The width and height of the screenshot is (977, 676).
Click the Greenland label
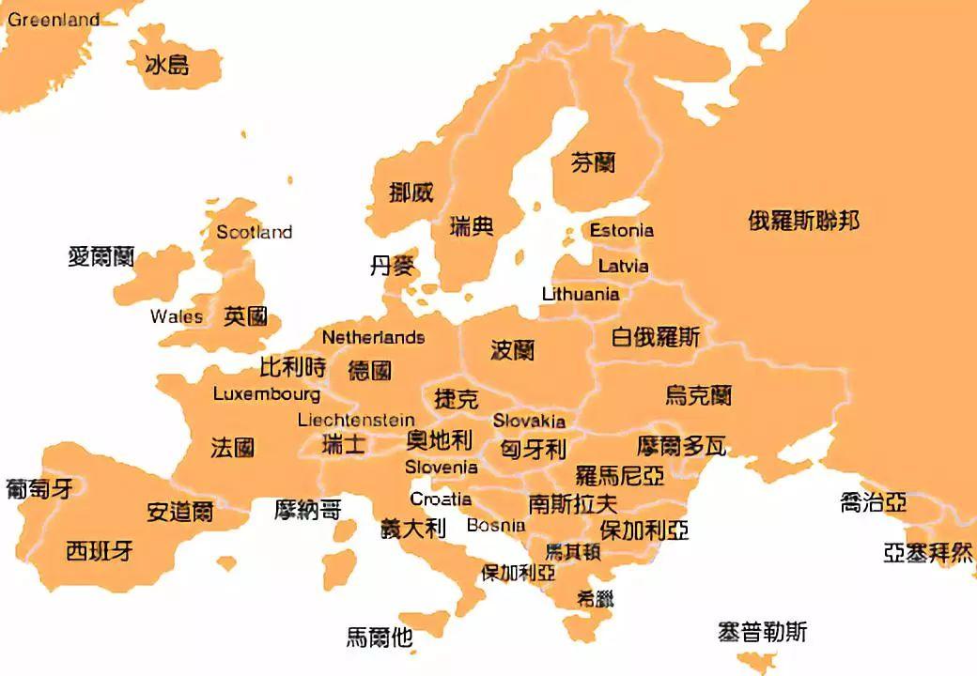pos(54,20)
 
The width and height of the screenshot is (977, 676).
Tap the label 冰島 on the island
pos(167,65)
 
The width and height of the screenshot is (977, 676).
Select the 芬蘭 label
pos(593,163)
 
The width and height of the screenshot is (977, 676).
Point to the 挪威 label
pos(411,192)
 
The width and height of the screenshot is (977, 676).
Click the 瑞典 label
pos(472,226)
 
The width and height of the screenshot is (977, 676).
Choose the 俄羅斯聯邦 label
pos(804,221)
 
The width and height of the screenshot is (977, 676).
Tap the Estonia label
pos(621,230)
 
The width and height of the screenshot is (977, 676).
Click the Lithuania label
pos(581,294)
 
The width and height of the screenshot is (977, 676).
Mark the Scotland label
pos(254,232)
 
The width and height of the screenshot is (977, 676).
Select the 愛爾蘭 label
pos(101,256)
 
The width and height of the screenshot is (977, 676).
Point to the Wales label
pos(177,316)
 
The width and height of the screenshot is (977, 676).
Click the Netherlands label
pos(373,337)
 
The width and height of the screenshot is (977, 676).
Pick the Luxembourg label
pos(267,394)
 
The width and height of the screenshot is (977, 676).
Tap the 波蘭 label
pos(513,350)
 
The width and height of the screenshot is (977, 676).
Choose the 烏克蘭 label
pos(698,395)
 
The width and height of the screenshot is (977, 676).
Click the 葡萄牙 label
pos(39,488)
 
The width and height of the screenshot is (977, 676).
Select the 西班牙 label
pos(100,551)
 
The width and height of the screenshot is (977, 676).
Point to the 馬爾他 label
pos(380,638)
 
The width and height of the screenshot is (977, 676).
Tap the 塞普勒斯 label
pos(762,632)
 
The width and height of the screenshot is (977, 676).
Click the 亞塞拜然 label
pos(928,553)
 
